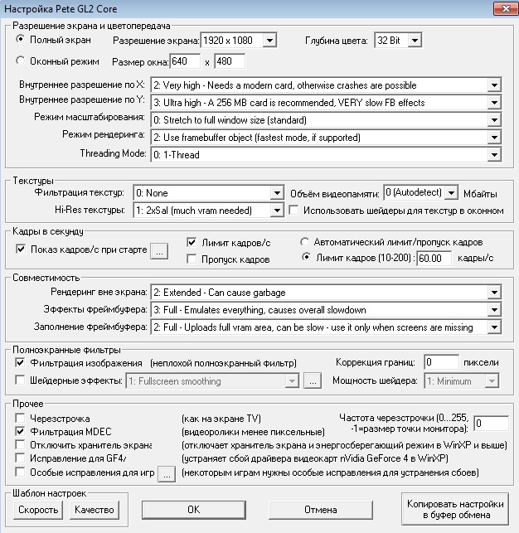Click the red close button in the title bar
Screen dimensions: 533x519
click(502, 8)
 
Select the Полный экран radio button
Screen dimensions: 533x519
click(21, 39)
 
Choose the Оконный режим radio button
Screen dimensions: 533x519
click(21, 61)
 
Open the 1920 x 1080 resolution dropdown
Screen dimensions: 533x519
click(237, 40)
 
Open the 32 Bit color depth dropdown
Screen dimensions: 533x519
click(398, 40)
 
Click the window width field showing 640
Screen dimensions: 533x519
click(185, 61)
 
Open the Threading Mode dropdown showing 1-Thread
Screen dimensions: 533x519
click(325, 154)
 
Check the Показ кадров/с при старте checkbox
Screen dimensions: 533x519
click(21, 249)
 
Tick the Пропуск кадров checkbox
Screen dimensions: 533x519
click(192, 259)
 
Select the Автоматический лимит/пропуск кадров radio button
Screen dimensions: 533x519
click(305, 242)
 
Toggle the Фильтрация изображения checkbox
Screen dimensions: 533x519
click(21, 362)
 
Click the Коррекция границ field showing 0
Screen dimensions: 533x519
click(440, 362)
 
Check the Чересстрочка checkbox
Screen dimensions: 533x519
click(21, 419)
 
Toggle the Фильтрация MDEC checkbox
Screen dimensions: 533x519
click(21, 432)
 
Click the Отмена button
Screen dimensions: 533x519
click(320, 508)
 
